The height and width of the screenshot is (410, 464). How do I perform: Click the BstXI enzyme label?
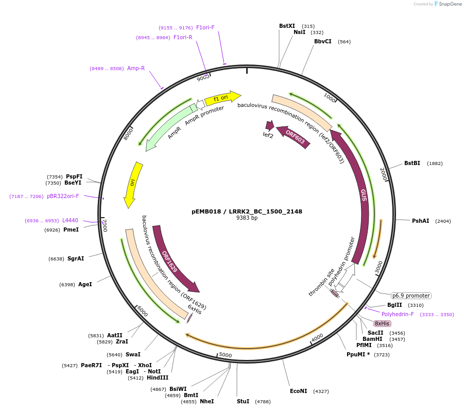click(287, 26)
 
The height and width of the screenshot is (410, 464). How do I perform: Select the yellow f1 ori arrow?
click(222, 97)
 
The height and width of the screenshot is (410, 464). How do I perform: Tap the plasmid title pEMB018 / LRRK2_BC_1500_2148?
click(247, 211)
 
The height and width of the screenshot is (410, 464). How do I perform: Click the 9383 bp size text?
click(247, 218)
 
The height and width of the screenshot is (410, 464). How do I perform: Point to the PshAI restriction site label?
click(420, 221)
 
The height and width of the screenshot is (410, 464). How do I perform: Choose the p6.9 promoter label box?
click(410, 296)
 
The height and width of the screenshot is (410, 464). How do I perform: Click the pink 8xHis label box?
click(382, 323)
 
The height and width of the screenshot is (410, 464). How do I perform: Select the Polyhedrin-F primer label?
click(398, 314)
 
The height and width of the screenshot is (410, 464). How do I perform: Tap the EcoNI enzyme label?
click(298, 391)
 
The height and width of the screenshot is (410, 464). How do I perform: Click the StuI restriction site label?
click(243, 401)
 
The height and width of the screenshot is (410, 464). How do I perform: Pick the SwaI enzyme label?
click(133, 354)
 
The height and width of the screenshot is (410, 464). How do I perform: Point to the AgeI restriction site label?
click(85, 284)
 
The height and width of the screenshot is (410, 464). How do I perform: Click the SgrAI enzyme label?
click(75, 258)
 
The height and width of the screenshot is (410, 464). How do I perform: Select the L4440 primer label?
click(70, 220)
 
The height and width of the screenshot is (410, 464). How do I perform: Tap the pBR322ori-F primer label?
click(63, 196)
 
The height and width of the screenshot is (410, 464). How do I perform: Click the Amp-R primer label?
click(136, 68)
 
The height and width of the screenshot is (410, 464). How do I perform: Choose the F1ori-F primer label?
click(205, 27)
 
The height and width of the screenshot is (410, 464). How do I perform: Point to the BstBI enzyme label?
click(412, 163)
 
